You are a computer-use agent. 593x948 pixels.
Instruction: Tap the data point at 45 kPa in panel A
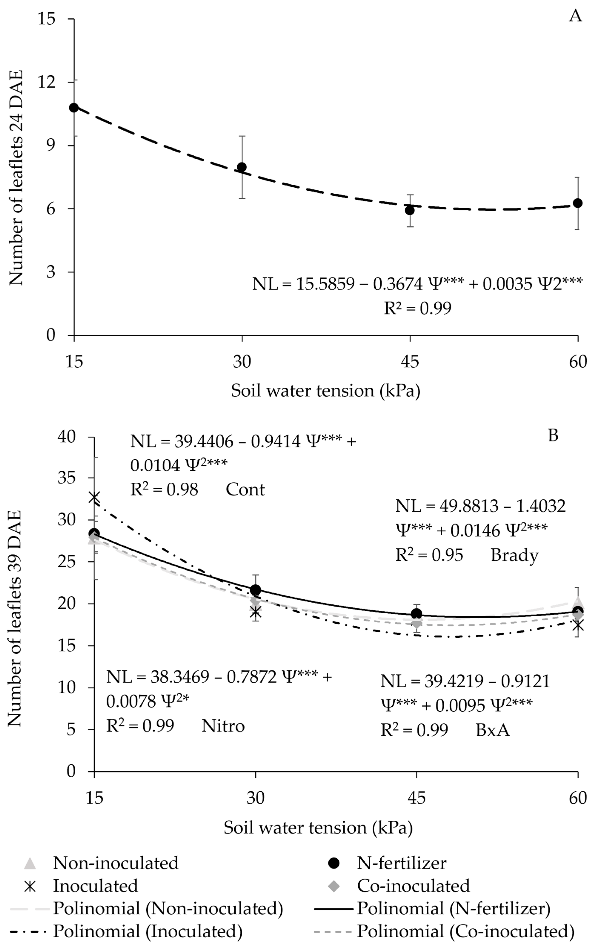[x=410, y=210]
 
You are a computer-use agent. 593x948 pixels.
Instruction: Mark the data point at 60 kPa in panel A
[x=577, y=203]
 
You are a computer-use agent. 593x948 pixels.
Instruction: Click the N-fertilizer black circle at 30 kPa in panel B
[x=255, y=590]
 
